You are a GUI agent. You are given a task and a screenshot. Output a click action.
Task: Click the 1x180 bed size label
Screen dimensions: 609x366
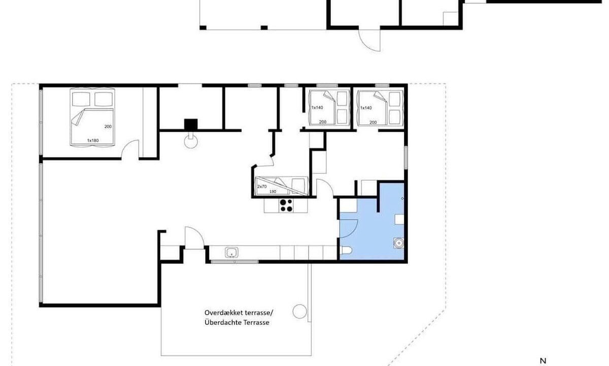pyautogui.click(x=93, y=140)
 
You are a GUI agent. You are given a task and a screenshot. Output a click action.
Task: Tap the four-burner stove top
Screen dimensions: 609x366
pyautogui.click(x=286, y=205)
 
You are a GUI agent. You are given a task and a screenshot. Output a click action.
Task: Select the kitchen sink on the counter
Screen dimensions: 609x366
pyautogui.click(x=231, y=253)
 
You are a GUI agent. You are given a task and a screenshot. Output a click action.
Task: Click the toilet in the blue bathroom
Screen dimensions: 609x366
pyautogui.click(x=346, y=250)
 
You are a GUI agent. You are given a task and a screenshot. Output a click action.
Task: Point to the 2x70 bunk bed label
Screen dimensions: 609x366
pyautogui.click(x=262, y=187)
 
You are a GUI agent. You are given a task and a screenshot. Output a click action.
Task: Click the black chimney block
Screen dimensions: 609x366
pyautogui.click(x=191, y=125)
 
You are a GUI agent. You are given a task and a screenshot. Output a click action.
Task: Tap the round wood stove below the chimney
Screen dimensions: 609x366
pyautogui.click(x=191, y=141)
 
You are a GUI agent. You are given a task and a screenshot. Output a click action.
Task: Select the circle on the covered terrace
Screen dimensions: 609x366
pyautogui.click(x=299, y=311)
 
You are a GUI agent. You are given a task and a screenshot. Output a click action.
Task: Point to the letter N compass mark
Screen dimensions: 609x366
pyautogui.click(x=543, y=361)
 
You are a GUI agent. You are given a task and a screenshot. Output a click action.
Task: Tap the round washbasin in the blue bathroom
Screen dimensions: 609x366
pyautogui.click(x=399, y=242)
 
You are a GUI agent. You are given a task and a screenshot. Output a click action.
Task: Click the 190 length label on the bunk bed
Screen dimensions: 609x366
pyautogui.click(x=273, y=192)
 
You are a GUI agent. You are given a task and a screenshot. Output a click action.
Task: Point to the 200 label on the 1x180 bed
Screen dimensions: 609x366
pyautogui.click(x=108, y=127)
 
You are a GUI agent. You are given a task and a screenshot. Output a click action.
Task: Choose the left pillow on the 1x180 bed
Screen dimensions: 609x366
pyautogui.click(x=81, y=99)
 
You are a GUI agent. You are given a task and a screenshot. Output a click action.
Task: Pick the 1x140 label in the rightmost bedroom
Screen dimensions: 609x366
pyautogui.click(x=366, y=108)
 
